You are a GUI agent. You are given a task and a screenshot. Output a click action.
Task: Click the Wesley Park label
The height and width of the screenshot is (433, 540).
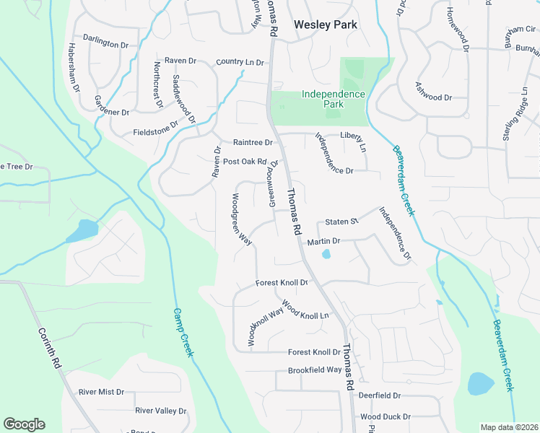326,25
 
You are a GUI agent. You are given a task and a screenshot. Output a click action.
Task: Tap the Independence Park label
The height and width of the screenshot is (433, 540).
333,99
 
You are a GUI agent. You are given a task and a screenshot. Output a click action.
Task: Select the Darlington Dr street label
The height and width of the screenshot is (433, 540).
105,43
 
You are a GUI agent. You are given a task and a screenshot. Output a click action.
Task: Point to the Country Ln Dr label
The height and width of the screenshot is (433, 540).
240,62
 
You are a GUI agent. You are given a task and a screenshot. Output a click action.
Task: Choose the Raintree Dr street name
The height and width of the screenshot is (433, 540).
252,142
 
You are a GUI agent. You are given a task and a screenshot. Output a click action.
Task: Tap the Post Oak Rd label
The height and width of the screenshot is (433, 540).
245,162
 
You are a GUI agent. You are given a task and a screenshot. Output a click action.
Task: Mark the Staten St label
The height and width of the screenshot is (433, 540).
341,222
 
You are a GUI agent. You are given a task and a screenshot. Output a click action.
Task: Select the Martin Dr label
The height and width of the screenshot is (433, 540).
323,241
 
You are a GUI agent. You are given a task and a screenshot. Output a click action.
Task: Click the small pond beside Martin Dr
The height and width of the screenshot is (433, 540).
326,254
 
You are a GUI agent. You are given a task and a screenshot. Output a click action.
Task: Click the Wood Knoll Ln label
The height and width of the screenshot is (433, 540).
305,310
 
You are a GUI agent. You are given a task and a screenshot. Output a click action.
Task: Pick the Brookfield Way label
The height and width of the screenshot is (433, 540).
315,369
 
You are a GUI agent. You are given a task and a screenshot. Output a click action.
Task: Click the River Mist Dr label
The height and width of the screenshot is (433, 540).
102,392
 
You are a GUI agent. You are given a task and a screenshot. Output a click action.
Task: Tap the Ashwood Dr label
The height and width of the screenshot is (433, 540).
433,97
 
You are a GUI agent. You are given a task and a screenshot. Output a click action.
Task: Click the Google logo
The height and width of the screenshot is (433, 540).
24,424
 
